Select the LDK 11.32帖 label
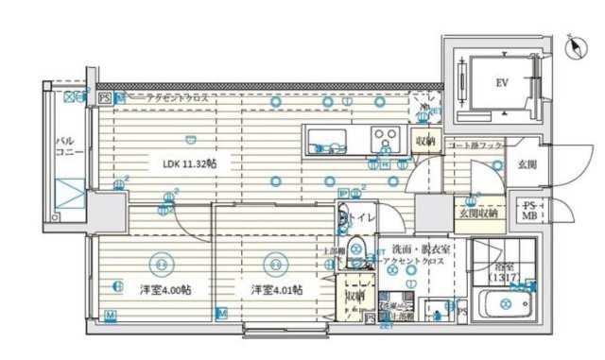189,163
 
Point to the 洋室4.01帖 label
276,289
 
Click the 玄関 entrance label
527,164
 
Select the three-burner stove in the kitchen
384,138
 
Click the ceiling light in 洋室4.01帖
274,258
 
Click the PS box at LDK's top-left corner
104,96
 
